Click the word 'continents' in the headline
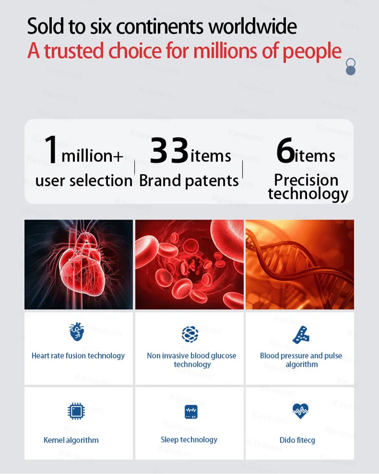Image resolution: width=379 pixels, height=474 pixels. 159,26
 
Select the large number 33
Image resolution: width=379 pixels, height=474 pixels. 169,150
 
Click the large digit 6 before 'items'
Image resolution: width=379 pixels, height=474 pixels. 285,150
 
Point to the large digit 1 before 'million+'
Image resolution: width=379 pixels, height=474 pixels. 51,149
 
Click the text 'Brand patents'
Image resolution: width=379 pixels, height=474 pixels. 189,181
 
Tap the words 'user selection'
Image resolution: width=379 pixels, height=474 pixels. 84,181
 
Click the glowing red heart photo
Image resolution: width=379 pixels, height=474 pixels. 79,264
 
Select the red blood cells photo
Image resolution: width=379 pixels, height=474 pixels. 189,264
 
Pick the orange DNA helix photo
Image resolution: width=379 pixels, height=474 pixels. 300,264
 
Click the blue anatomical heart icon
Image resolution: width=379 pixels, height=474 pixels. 76,332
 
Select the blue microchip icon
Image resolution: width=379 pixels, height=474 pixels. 76,411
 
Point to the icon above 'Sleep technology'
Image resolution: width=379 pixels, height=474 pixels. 191,412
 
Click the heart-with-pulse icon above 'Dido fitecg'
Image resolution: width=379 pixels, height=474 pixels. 300,411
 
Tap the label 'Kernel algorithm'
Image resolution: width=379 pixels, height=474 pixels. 71,440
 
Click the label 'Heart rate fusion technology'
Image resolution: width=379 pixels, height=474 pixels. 78,356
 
